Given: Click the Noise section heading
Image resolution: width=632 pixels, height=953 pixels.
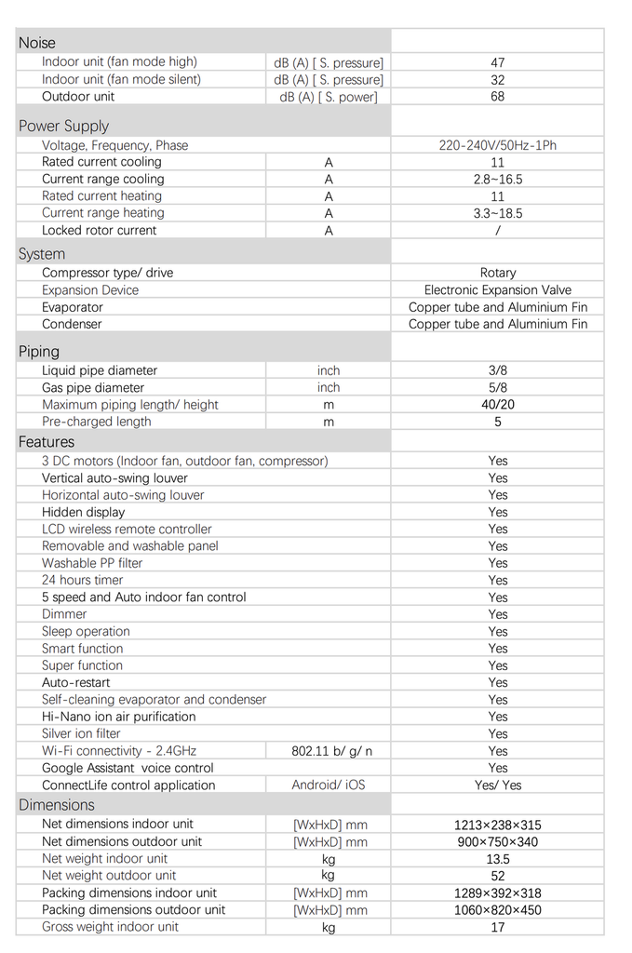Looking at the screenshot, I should (37, 43).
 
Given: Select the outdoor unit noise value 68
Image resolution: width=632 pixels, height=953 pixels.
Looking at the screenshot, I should (498, 97).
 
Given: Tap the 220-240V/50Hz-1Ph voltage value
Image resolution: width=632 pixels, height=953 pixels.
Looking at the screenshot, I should (498, 145).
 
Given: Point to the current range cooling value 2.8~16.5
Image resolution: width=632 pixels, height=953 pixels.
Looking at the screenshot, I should (498, 179).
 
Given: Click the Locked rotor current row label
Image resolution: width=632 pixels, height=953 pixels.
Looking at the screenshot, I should (100, 230).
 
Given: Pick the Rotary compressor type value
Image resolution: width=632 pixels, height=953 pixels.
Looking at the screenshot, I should (498, 273).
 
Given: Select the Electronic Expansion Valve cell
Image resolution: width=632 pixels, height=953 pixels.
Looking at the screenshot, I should (498, 290).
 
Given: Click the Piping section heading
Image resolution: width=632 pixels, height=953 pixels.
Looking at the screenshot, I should (39, 352).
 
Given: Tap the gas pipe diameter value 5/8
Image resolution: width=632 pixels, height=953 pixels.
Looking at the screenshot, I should (498, 387).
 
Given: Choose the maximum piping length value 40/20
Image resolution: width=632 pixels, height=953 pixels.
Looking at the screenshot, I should (498, 405).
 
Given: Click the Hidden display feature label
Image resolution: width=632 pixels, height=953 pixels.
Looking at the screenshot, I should (83, 512).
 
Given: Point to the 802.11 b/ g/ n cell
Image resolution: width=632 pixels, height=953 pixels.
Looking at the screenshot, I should (328, 751).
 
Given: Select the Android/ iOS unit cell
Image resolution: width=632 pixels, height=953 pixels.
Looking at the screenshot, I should (328, 785).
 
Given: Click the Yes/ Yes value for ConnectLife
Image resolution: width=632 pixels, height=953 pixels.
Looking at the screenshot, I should (498, 785).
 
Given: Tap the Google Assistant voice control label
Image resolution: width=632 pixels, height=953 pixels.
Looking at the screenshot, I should (128, 768).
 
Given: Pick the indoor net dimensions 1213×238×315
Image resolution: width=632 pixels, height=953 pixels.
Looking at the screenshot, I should (498, 825).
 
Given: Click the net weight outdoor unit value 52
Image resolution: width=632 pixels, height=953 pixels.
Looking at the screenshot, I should (498, 876).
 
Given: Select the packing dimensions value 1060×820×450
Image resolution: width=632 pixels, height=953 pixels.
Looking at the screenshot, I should (498, 910).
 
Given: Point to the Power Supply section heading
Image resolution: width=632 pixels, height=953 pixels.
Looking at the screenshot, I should (63, 126).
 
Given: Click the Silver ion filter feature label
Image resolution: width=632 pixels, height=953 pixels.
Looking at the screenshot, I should (81, 733).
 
